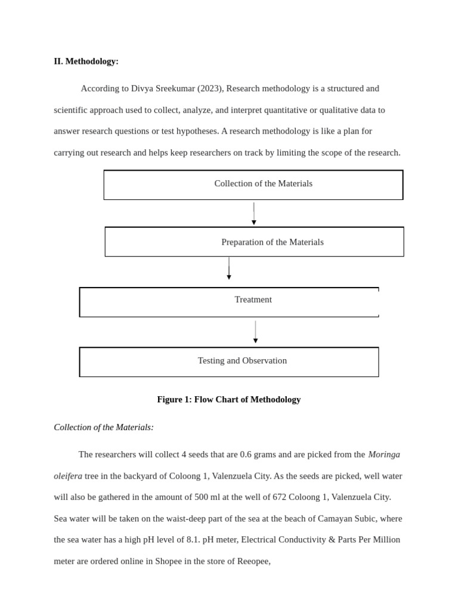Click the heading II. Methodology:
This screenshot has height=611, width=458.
tap(86, 61)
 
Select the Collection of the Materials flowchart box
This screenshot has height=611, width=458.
tap(253, 184)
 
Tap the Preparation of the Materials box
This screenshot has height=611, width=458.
tap(255, 242)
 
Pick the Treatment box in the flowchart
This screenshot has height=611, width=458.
tap(229, 302)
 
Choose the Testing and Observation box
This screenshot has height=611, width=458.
tap(229, 362)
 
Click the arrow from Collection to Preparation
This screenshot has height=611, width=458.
tap(254, 214)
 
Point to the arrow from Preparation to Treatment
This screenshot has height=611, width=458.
tap(229, 269)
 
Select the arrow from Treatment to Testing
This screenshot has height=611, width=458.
tap(255, 332)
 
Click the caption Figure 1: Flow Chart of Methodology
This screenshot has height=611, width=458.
tap(228, 400)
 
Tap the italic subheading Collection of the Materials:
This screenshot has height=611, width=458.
tap(104, 427)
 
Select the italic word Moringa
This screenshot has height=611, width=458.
tap(384, 455)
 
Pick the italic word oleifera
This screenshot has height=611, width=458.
tap(68, 476)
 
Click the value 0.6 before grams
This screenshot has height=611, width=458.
tap(246, 455)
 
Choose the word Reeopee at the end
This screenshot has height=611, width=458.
tap(253, 561)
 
